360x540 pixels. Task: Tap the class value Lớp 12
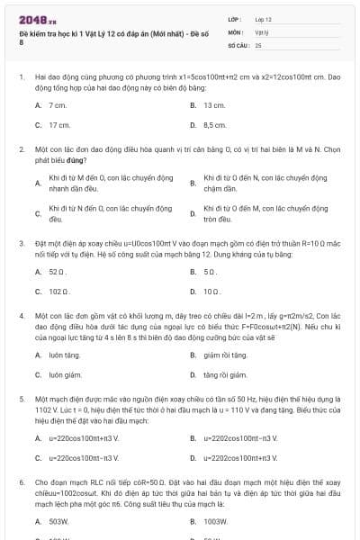[x=263, y=18]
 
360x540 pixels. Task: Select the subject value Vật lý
[x=261, y=31]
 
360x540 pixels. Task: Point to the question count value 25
[x=258, y=44]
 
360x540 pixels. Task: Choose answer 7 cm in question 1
[x=58, y=105]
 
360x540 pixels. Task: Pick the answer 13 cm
[x=213, y=105]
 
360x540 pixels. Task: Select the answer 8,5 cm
[x=214, y=125]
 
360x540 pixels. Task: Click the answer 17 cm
[x=59, y=125]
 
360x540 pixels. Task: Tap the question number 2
[x=21, y=148]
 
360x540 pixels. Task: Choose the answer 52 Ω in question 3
[x=58, y=271]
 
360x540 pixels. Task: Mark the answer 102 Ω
[x=58, y=291]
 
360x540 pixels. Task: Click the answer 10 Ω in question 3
[x=212, y=291]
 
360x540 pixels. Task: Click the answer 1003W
[x=215, y=520]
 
